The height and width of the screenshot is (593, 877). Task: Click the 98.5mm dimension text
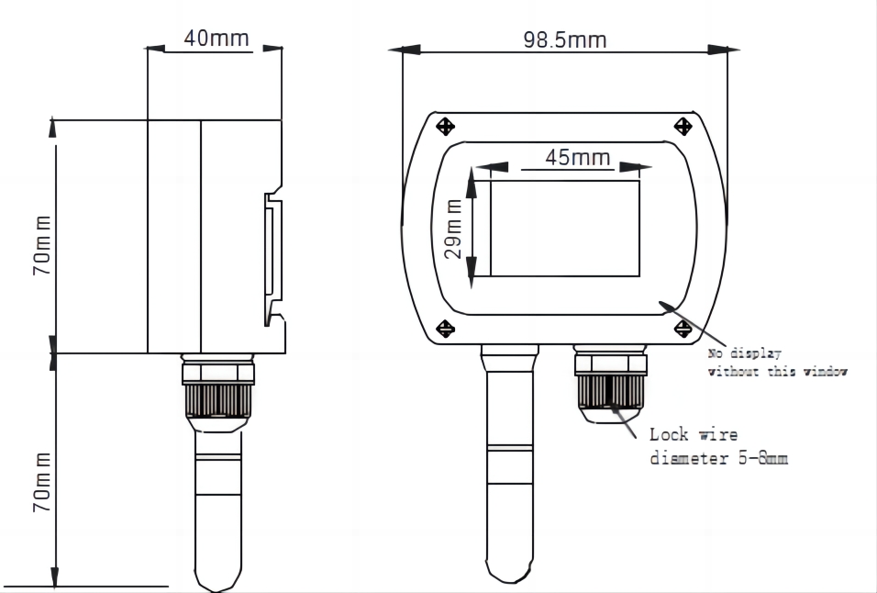click(x=565, y=39)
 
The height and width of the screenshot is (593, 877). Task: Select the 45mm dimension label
click(x=578, y=157)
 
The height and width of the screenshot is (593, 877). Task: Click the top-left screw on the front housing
click(x=445, y=126)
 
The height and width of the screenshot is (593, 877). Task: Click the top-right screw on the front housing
click(x=682, y=126)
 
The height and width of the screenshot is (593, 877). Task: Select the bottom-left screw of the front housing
click(x=445, y=328)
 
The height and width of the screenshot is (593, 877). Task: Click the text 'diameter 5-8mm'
click(x=718, y=458)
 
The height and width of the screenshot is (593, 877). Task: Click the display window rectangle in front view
click(x=564, y=229)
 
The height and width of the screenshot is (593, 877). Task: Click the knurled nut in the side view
click(x=217, y=399)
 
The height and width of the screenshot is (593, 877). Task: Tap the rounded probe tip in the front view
click(x=509, y=571)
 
